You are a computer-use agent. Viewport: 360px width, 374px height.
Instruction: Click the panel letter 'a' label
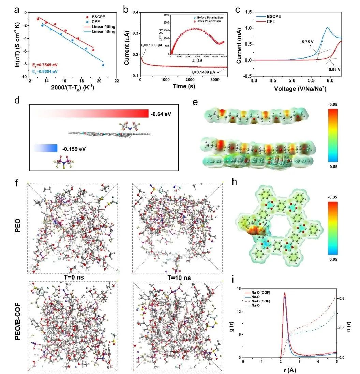coord(16,10)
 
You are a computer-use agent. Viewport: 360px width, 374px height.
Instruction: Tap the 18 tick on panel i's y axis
coord(239,289)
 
